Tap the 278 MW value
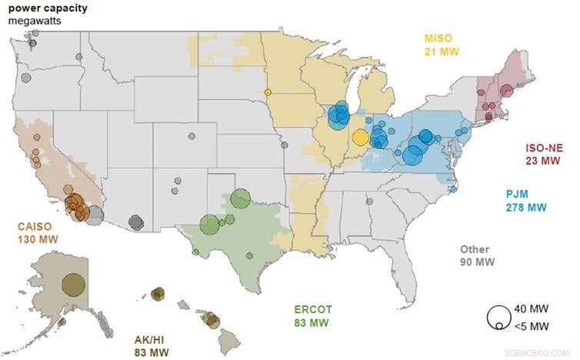[525, 208]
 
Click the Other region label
[475, 249]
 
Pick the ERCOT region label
[314, 309]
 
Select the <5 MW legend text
[530, 325]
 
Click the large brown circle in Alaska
[73, 285]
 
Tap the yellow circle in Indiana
[360, 138]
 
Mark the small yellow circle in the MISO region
[268, 92]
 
